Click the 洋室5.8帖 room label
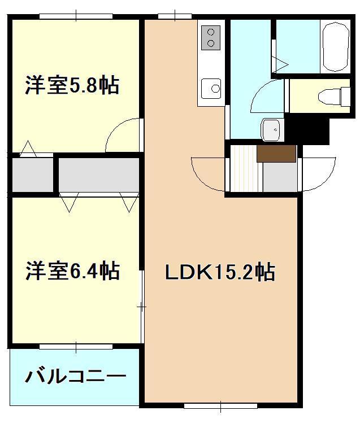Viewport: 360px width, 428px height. [x=72, y=86]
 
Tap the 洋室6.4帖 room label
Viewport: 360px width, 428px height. [x=72, y=272]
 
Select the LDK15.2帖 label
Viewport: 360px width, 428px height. [x=220, y=273]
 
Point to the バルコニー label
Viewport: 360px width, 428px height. [x=75, y=376]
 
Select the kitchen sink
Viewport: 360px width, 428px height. [x=212, y=88]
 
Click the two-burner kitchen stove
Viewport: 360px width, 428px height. [x=211, y=37]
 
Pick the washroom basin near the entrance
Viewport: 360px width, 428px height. [x=270, y=130]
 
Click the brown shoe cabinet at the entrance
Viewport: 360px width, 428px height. [x=276, y=154]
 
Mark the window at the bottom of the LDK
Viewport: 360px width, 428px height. [x=220, y=404]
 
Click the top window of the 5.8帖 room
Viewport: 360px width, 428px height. [x=75, y=17]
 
